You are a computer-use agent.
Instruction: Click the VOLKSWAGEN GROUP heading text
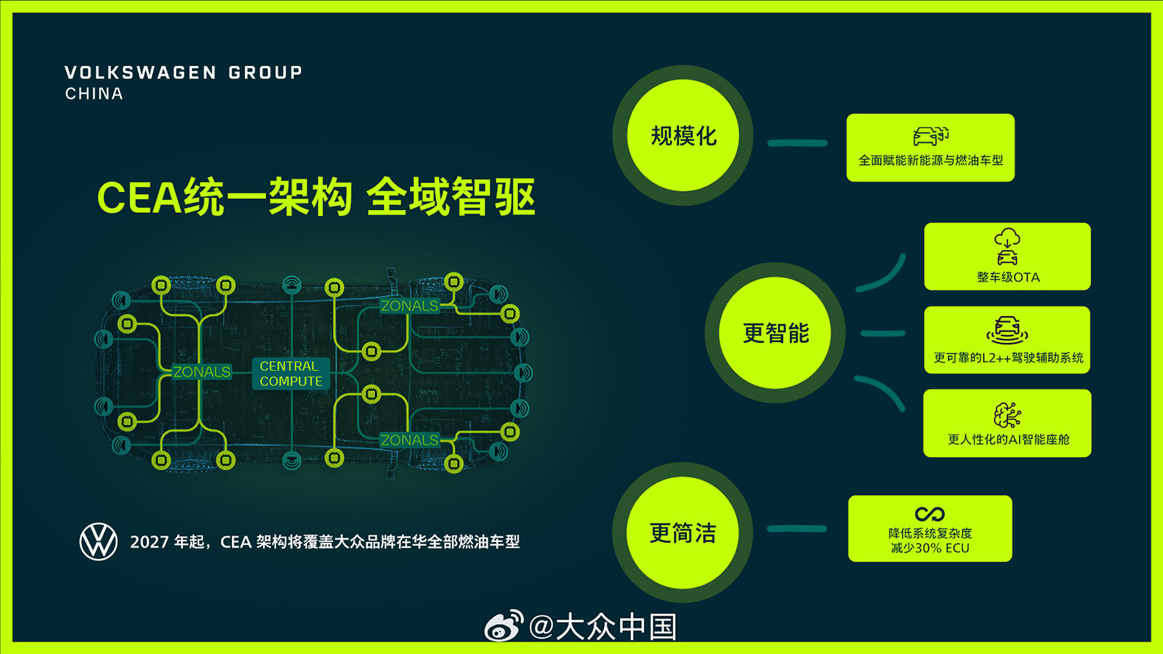(x=183, y=73)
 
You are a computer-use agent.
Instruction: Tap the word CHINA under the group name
(x=94, y=94)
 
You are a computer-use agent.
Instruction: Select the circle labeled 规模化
(x=683, y=135)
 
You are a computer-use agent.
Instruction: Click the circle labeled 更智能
(x=775, y=333)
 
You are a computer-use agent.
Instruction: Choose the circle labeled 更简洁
(x=683, y=533)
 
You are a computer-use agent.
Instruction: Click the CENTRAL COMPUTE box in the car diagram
(x=291, y=374)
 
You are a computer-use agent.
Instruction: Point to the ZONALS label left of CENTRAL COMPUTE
(x=201, y=371)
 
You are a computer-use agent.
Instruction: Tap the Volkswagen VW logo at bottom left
(x=99, y=541)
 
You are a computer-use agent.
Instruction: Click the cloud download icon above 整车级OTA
(x=1007, y=238)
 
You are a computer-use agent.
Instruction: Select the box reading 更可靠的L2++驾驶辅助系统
(x=1007, y=340)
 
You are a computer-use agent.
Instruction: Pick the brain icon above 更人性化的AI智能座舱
(x=1007, y=415)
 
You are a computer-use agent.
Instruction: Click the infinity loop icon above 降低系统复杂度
(x=930, y=514)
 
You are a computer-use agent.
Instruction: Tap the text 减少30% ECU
(x=930, y=548)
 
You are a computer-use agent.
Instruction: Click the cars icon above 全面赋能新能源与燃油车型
(x=931, y=136)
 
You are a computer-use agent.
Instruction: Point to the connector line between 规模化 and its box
(x=797, y=143)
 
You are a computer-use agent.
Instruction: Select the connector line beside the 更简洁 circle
(x=797, y=529)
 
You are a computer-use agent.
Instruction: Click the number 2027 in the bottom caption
(x=149, y=542)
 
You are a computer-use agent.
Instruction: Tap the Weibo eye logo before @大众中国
(x=504, y=626)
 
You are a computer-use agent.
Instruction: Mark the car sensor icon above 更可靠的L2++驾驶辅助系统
(x=1007, y=331)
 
